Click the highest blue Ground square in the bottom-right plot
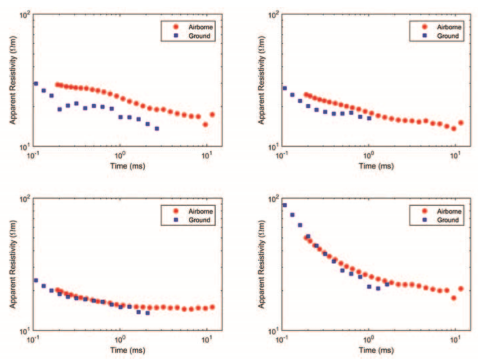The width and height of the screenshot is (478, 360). pyautogui.click(x=284, y=205)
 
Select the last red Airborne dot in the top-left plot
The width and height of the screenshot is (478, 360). pyautogui.click(x=212, y=115)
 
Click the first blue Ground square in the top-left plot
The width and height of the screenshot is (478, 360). pyautogui.click(x=36, y=84)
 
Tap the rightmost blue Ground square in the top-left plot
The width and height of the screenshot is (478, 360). pyautogui.click(x=157, y=129)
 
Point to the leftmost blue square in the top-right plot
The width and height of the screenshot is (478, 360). pyautogui.click(x=284, y=88)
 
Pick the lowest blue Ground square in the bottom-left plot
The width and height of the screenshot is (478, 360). pyautogui.click(x=147, y=313)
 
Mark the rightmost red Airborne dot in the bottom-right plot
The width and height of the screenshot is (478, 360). pyautogui.click(x=461, y=289)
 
